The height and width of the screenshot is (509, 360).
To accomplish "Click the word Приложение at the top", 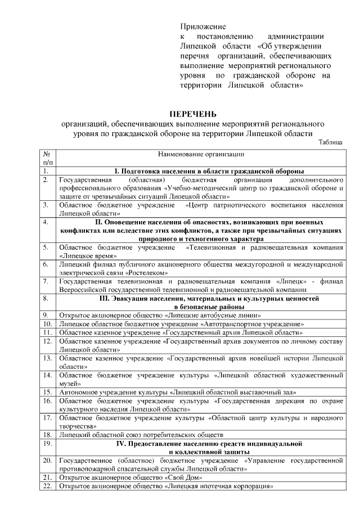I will pos(203,26).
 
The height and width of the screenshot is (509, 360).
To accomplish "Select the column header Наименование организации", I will pos(201,154).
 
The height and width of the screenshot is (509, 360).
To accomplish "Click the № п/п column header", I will pos(47,157).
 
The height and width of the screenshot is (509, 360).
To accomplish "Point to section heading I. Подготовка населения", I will pos(209,170).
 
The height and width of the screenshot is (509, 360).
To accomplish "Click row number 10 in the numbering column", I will pos(47,324).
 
